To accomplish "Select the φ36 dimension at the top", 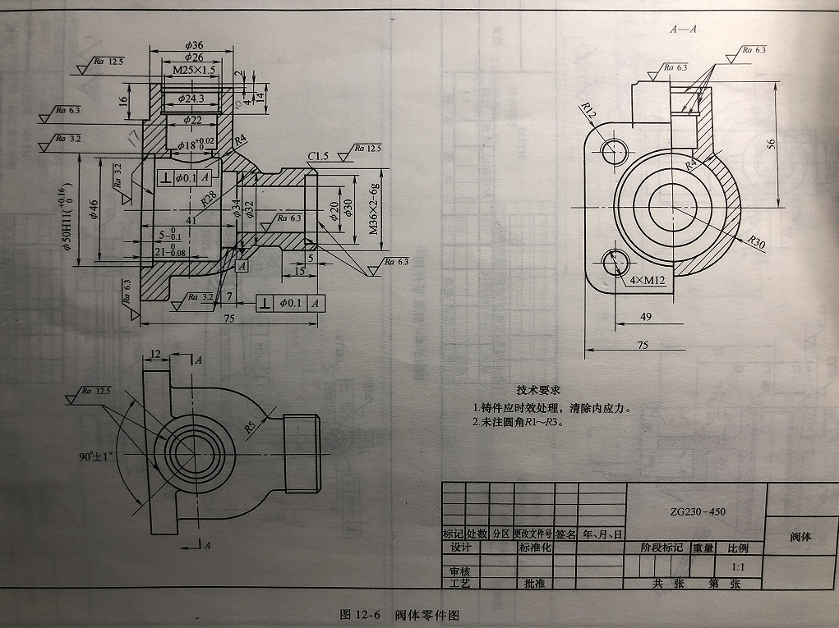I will click(x=194, y=44).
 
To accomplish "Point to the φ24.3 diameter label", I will click(x=193, y=99).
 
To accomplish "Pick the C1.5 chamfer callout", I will click(x=318, y=156).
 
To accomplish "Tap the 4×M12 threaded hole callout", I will click(x=648, y=281).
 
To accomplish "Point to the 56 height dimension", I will click(x=792, y=143).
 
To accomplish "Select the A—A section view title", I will click(x=683, y=30).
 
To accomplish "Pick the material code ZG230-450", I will click(x=697, y=511).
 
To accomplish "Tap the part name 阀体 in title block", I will click(x=800, y=536).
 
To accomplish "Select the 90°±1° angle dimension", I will click(x=95, y=455).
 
